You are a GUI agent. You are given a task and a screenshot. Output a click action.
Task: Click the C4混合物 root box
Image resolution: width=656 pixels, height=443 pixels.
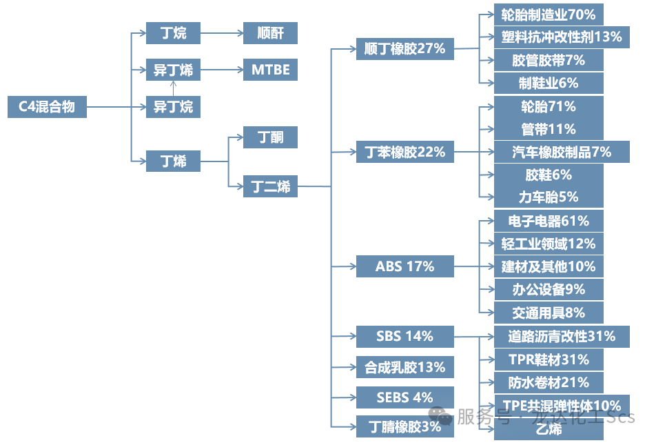(47, 107)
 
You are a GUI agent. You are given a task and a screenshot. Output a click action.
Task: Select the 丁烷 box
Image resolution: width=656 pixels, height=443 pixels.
(173, 32)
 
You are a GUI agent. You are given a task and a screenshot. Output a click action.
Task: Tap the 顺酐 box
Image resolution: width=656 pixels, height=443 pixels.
(270, 32)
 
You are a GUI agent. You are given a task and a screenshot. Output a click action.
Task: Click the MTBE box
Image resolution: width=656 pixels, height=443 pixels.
(270, 70)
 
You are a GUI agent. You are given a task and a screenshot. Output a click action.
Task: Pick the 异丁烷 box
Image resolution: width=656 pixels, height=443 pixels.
(173, 107)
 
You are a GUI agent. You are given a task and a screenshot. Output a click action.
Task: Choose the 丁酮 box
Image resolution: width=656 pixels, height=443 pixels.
(270, 137)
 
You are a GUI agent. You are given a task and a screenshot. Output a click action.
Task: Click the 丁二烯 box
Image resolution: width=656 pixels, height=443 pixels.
(270, 186)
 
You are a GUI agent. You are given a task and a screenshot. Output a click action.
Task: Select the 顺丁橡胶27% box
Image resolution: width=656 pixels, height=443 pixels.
(404, 49)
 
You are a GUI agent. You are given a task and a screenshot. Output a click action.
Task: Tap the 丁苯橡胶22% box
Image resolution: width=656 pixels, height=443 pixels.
(404, 152)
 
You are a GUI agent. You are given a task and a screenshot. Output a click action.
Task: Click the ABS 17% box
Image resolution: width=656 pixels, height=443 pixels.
(404, 266)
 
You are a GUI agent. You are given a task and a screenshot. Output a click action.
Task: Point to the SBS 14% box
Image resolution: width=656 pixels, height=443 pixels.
(404, 337)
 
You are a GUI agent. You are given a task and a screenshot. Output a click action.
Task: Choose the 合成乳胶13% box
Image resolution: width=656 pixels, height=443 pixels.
(404, 367)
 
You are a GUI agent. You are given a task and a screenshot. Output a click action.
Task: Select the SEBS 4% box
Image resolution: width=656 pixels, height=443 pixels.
(404, 397)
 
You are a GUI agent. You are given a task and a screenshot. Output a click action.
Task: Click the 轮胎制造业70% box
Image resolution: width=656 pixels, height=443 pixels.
(549, 14)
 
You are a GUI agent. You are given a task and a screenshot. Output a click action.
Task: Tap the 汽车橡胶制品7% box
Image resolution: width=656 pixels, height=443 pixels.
(561, 152)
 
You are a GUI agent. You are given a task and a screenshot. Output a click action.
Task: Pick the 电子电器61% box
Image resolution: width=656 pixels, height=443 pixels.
(549, 221)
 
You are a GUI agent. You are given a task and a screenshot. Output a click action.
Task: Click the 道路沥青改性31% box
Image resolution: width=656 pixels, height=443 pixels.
(561, 337)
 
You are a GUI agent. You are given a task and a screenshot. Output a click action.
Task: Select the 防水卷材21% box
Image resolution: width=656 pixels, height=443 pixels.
(549, 382)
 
